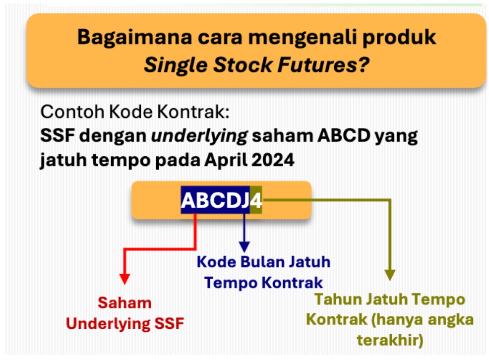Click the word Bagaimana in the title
coord(135,37)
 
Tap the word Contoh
coord(72,112)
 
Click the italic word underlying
coord(199,136)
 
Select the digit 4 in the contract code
coord(256,200)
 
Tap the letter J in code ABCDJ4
coord(245,200)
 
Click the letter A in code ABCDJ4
coord(188,200)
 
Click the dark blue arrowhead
coord(244,247)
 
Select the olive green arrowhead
coord(390,275)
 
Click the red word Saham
coord(124,303)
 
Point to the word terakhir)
coord(390,340)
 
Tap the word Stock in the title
coord(243,65)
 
